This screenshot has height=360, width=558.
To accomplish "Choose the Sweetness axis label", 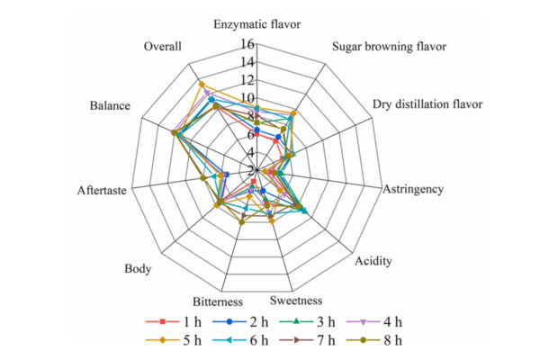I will [x=298, y=301].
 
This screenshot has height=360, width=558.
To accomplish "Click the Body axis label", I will [x=138, y=269].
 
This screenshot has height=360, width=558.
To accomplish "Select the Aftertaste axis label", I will [x=102, y=190].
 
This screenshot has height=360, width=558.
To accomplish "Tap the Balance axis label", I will [x=110, y=106].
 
